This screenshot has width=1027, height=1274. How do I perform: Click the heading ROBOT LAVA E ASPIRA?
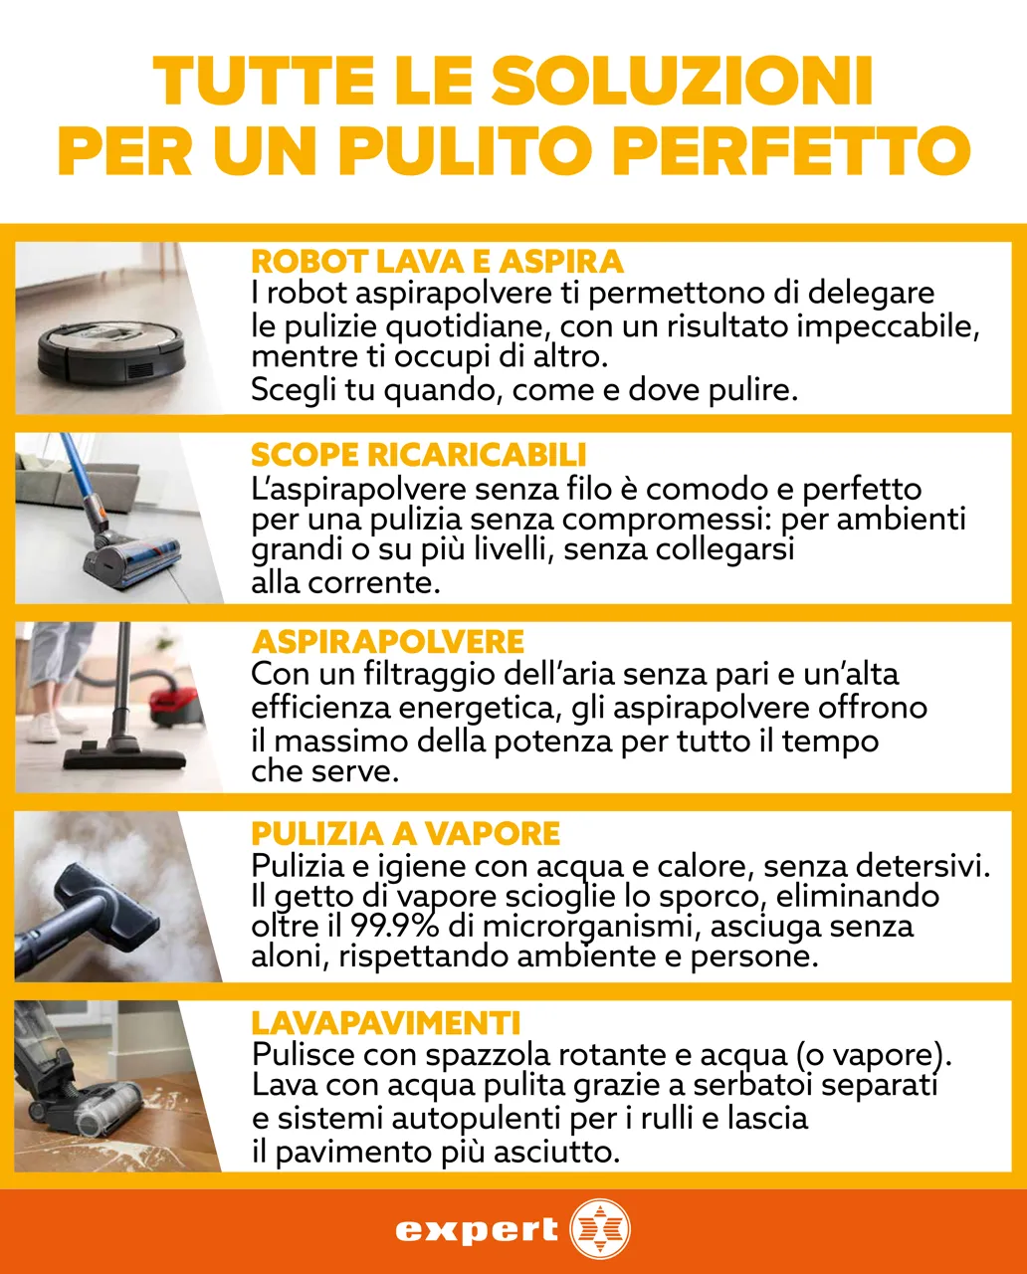pyautogui.click(x=437, y=262)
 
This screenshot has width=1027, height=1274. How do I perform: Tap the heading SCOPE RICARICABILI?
pyautogui.click(x=418, y=455)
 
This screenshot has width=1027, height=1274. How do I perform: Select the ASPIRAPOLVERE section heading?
pyautogui.click(x=388, y=641)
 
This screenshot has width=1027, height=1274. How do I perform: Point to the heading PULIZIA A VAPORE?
pyautogui.click(x=406, y=833)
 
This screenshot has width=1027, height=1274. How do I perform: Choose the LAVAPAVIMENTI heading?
pyautogui.click(x=386, y=1022)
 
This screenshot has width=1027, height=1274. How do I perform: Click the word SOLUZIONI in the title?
pyautogui.click(x=682, y=82)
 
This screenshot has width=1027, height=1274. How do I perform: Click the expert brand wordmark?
pyautogui.click(x=477, y=1230)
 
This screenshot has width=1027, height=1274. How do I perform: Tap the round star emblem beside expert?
pyautogui.click(x=600, y=1230)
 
